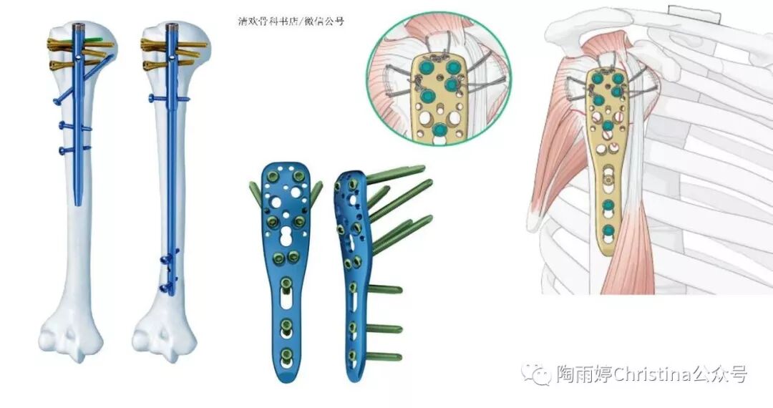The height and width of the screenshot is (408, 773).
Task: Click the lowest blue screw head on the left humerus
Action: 63,150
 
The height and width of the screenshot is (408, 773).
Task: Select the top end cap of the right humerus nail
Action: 172,29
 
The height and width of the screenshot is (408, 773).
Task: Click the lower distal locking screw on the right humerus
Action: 167,288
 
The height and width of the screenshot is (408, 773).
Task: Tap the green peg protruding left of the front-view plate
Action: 254,191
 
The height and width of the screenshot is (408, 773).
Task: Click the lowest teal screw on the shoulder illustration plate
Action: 608,230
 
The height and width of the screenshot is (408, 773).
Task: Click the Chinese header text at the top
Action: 291,21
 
